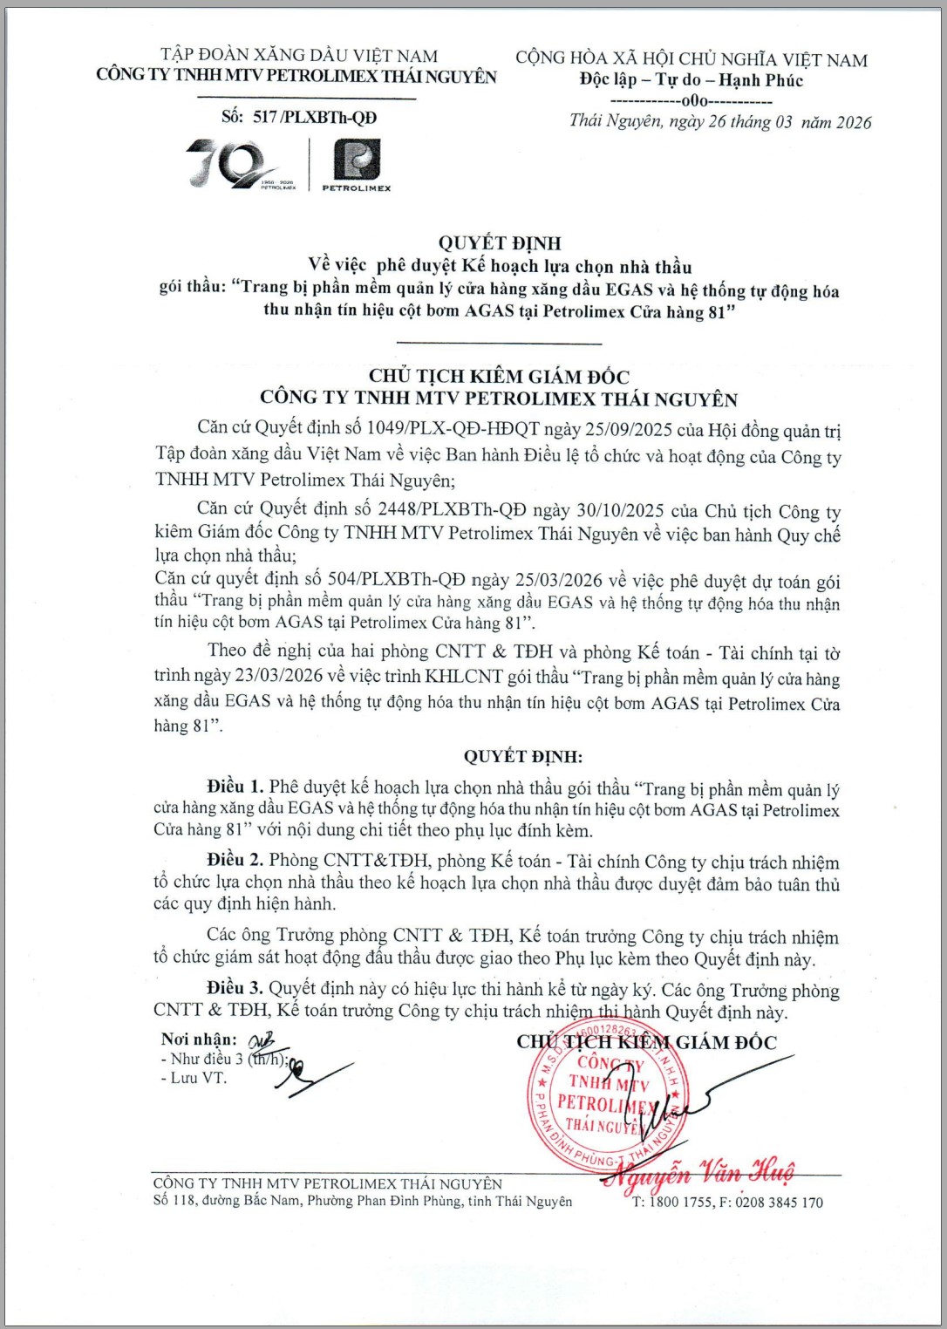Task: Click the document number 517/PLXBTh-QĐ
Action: pyautogui.click(x=314, y=117)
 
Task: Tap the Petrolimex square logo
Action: pyautogui.click(x=358, y=160)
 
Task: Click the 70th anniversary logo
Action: pyautogui.click(x=234, y=164)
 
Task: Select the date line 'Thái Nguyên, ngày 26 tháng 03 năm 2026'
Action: pyautogui.click(x=720, y=122)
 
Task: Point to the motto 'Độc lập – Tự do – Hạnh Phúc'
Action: pyautogui.click(x=691, y=80)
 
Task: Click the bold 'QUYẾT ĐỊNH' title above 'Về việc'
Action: pyautogui.click(x=500, y=243)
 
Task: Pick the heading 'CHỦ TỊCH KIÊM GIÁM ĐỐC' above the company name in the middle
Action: pyautogui.click(x=499, y=377)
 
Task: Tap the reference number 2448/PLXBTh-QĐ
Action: pyautogui.click(x=452, y=510)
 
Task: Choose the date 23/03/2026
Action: pyautogui.click(x=281, y=677)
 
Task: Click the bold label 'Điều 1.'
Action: pyautogui.click(x=235, y=787)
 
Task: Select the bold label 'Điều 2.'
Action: pyautogui.click(x=235, y=861)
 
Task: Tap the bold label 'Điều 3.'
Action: pyautogui.click(x=235, y=988)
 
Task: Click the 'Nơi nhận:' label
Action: pyautogui.click(x=199, y=1039)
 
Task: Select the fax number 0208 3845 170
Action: pyautogui.click(x=779, y=1203)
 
